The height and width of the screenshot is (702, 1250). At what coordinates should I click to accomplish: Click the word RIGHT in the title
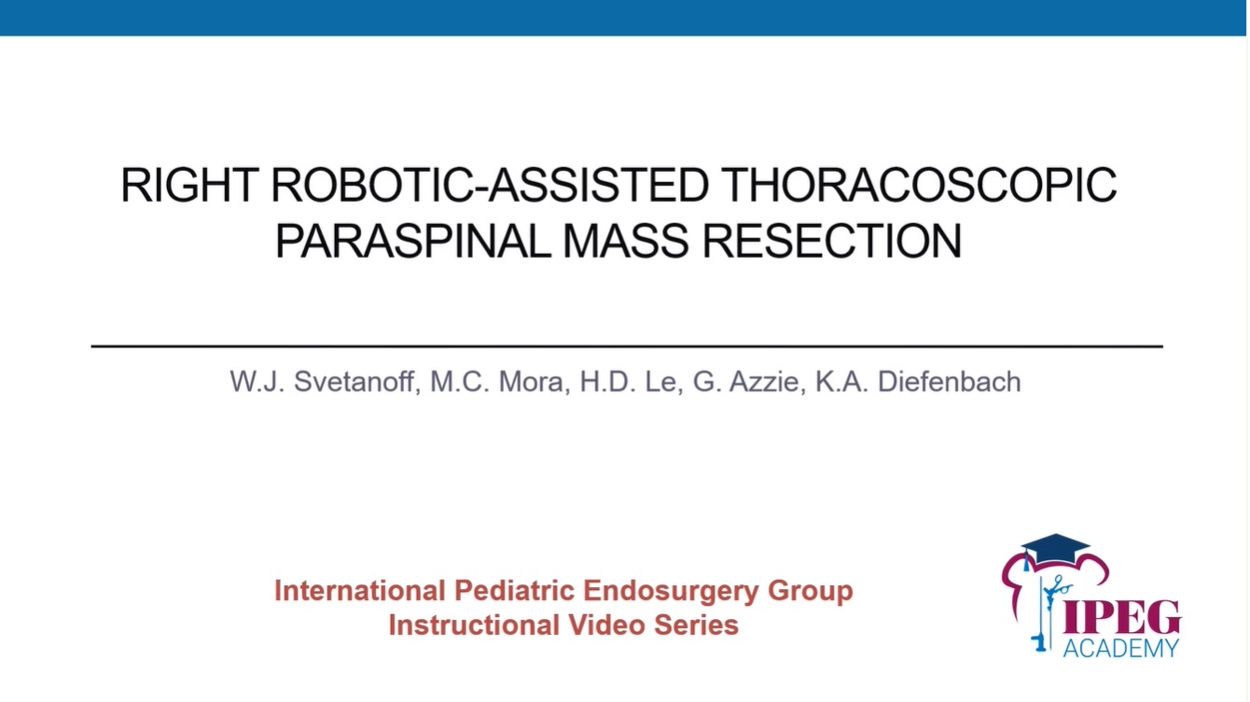[x=190, y=187]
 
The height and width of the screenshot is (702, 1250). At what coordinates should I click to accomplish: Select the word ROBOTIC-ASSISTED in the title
[x=491, y=187]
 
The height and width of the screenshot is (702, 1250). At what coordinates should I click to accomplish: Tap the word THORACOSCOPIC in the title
[x=919, y=187]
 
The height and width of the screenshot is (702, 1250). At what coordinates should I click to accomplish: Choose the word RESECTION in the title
[x=831, y=242]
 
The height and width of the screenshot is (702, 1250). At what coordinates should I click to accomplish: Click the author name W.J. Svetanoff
[x=323, y=382]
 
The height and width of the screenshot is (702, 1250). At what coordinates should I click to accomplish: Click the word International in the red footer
[x=359, y=591]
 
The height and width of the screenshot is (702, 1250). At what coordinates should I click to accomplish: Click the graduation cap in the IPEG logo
[x=1054, y=549]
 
